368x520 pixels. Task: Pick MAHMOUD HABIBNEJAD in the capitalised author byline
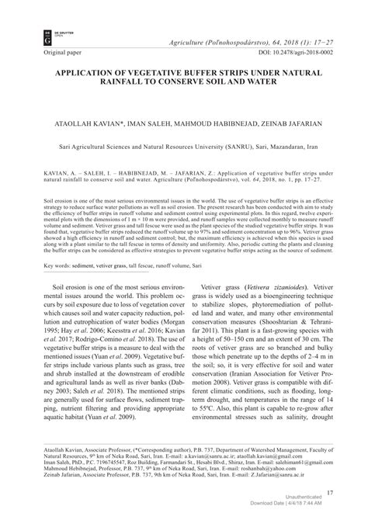pyautogui.click(x=196, y=123)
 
